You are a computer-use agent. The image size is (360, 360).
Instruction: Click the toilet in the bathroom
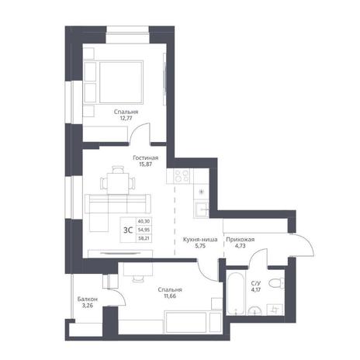[276, 282]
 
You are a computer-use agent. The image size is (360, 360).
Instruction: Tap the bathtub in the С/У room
[235, 292]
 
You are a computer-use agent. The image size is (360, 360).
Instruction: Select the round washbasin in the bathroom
[255, 310]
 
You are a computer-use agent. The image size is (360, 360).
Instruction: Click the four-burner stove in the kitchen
[182, 176]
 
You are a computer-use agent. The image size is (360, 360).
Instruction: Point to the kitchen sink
[202, 209]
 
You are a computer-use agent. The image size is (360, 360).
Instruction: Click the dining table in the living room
[118, 183]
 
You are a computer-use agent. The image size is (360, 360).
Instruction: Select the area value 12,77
[126, 119]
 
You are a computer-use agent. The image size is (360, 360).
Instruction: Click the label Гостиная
[146, 157]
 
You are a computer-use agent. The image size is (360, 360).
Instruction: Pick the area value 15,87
[145, 164]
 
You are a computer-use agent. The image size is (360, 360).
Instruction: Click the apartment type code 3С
[128, 230]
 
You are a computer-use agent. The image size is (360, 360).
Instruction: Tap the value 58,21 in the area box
[144, 238]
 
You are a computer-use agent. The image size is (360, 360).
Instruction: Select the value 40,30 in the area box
[144, 221]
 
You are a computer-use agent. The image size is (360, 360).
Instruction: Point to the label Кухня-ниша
[200, 240]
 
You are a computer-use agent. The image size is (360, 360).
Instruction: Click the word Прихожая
[241, 240]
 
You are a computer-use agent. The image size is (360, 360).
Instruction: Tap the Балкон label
[88, 299]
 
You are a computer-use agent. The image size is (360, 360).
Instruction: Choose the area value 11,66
[170, 296]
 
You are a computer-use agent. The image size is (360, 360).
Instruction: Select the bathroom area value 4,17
[256, 289]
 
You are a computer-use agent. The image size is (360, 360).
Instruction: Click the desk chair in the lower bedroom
[137, 279]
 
